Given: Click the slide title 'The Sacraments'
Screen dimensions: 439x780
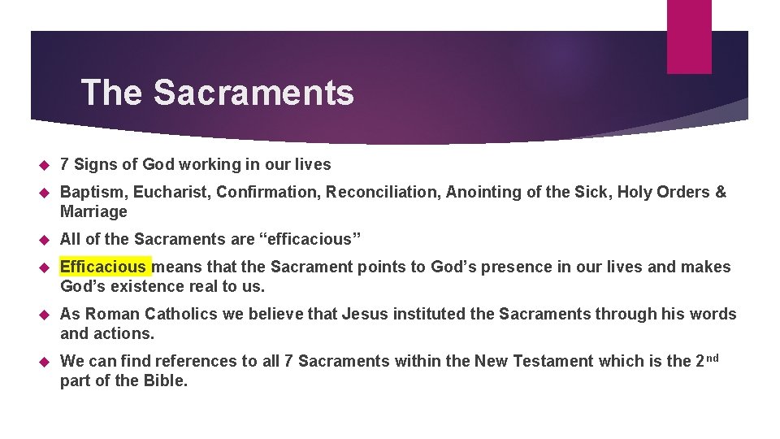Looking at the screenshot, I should coord(217,93).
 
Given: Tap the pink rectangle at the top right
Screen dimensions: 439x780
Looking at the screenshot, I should coord(689,37).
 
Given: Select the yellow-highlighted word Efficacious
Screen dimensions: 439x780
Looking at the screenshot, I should coord(104,267).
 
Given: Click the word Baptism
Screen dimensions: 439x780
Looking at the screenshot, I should coord(93,192).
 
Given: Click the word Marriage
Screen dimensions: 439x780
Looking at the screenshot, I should coord(93,211).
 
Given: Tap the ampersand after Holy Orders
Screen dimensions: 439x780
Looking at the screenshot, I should coord(720,192).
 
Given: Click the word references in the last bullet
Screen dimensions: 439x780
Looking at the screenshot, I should coord(195,361).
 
